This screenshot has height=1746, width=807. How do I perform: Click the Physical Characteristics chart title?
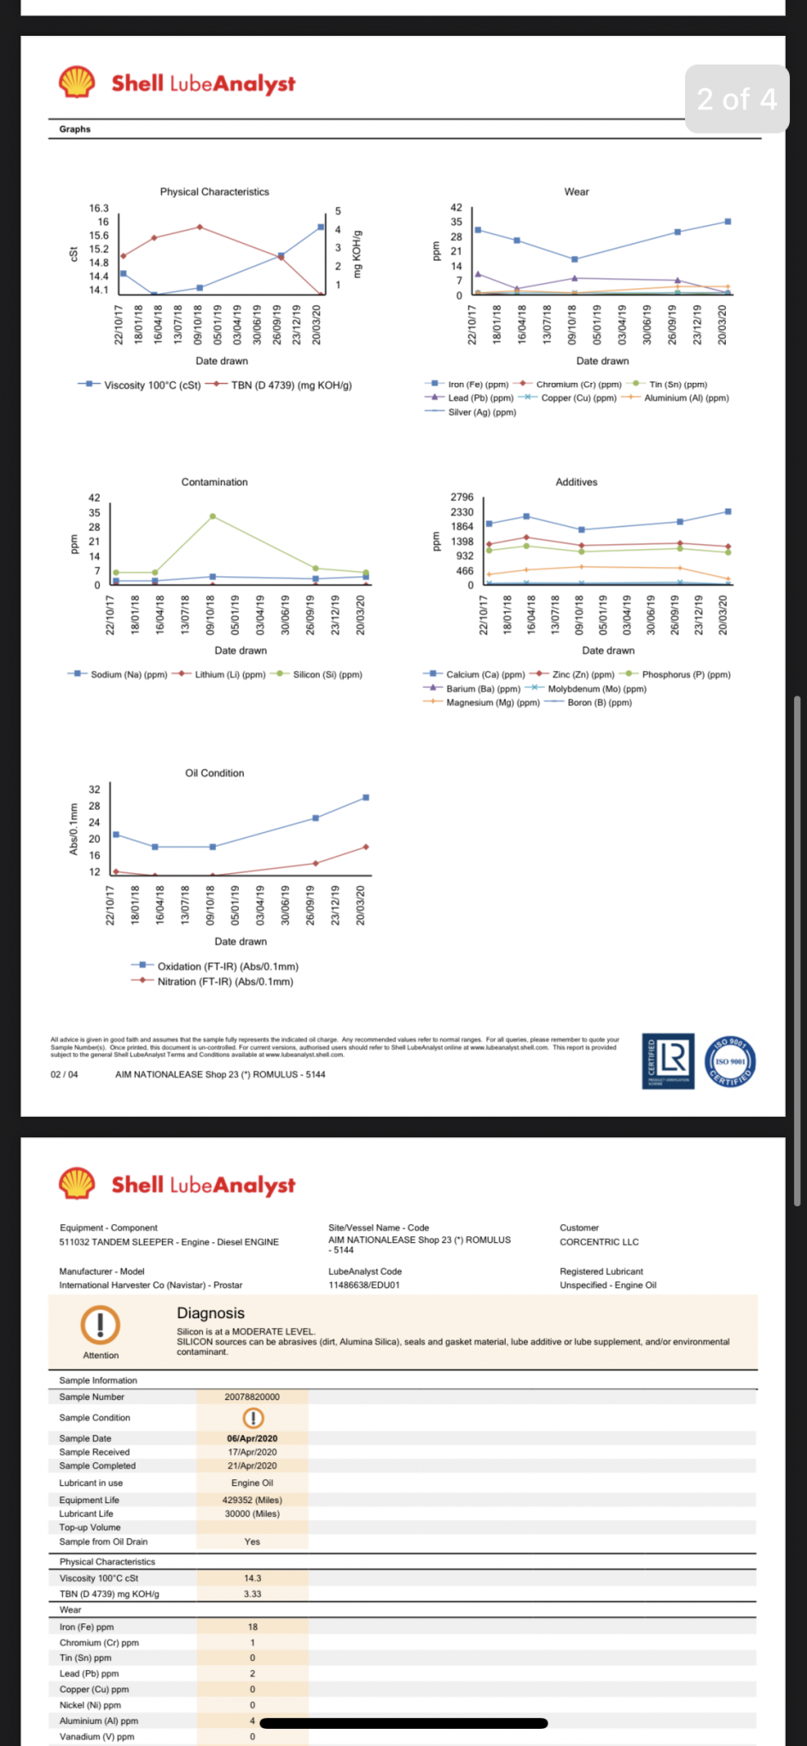(214, 192)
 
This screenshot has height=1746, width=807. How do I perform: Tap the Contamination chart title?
(214, 482)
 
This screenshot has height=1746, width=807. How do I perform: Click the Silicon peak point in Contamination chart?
(212, 517)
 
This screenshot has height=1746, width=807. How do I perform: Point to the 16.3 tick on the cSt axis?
(99, 208)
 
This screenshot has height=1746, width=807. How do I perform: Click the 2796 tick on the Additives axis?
(462, 497)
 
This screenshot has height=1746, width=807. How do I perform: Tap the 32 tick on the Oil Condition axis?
(94, 789)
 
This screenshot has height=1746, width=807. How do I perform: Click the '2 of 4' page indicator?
(736, 99)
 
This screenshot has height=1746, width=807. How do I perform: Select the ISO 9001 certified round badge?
(730, 1061)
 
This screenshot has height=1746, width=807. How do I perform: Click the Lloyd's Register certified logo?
(668, 1061)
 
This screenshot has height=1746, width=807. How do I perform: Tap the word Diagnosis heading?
(211, 1313)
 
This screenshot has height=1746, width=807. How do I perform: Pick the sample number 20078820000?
(252, 1396)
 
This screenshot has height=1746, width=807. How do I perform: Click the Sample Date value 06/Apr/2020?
(252, 1438)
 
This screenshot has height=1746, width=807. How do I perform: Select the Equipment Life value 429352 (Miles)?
(252, 1500)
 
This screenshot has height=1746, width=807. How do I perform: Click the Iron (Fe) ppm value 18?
(253, 1627)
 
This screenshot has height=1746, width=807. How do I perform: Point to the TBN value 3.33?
(253, 1593)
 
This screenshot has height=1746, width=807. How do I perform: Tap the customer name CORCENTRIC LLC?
(599, 1242)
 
